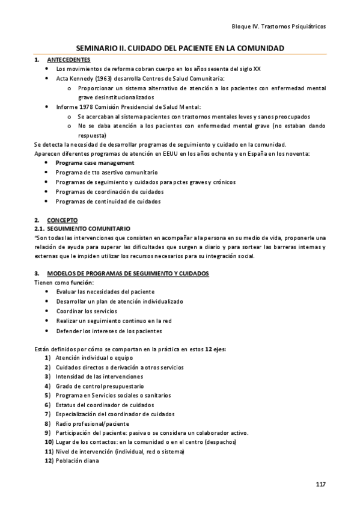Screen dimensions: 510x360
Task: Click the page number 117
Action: (320, 484)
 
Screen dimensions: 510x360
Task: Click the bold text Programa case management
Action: (95, 163)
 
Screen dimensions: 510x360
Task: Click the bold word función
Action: (82, 282)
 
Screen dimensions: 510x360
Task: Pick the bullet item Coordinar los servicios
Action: (87, 311)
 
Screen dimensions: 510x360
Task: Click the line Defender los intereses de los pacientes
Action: (109, 331)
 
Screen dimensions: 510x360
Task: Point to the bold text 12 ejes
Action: (215, 349)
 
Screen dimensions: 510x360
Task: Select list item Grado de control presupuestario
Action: (100, 386)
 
